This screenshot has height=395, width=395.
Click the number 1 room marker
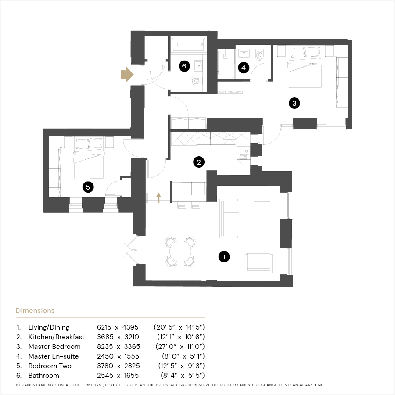[224, 257]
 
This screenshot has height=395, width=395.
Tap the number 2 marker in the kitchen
[199, 162]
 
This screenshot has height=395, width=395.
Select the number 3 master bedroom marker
[294, 103]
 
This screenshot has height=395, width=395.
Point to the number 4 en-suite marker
[244, 68]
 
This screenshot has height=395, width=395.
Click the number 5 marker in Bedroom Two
[88, 187]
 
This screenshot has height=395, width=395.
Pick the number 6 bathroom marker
[184, 66]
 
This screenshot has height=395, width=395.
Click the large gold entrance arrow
[127, 75]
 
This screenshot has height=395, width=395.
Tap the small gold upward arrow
[158, 198]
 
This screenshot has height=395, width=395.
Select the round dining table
[180, 251]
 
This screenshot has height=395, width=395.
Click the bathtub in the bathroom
[189, 45]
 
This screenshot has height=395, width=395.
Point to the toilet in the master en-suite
[259, 55]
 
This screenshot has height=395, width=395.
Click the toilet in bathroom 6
[196, 81]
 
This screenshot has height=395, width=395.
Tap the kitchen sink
[244, 153]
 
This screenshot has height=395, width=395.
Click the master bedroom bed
[305, 67]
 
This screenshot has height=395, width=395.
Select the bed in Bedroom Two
[89, 158]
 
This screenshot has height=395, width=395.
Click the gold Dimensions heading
[35, 311]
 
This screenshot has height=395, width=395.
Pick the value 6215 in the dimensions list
[104, 327]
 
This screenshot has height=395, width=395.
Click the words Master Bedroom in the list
[54, 347]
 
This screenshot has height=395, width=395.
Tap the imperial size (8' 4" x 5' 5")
[183, 376]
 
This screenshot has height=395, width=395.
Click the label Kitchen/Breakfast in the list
[57, 337]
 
